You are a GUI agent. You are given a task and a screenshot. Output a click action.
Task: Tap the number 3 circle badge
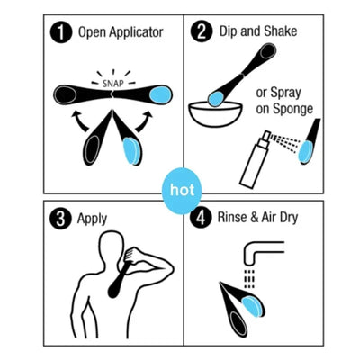[60, 217]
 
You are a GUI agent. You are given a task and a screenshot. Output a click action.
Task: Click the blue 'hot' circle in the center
[180, 192]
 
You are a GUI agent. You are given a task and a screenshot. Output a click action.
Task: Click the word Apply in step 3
[94, 217]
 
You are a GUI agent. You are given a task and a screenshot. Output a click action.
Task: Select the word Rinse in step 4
[239, 217]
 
